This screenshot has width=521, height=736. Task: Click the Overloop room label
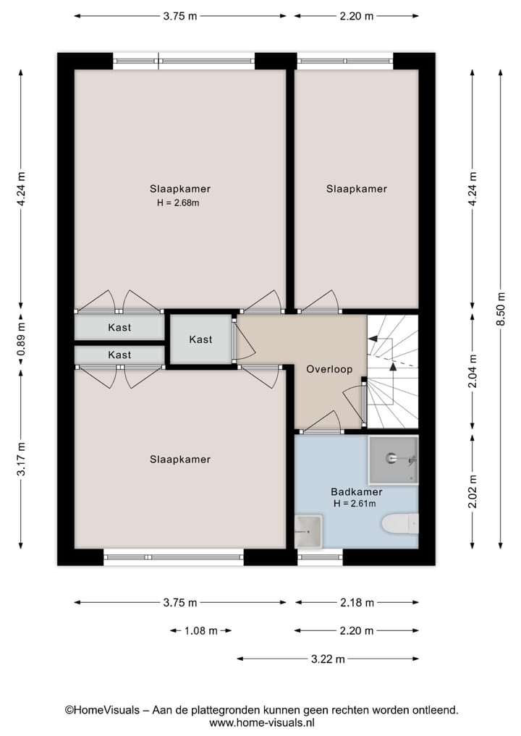[x=329, y=369]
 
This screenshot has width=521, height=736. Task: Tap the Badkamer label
[x=356, y=492]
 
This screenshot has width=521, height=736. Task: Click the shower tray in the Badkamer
[x=393, y=460]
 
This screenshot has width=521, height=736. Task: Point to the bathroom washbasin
[x=308, y=531]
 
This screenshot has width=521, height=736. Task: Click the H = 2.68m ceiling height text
[x=178, y=203]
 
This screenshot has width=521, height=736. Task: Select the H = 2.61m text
[x=355, y=504]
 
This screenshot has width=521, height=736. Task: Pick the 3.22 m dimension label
[x=328, y=659]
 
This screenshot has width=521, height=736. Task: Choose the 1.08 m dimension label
[x=200, y=631]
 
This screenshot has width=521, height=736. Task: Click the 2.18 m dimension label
[x=357, y=603]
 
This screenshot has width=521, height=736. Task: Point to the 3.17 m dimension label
[x=21, y=459]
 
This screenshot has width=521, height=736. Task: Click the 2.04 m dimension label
[x=473, y=371]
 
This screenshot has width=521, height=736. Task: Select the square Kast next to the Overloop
[x=201, y=339]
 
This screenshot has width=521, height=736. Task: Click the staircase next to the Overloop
[x=392, y=371]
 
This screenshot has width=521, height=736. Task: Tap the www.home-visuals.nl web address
[x=262, y=723]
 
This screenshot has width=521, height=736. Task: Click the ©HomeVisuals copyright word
[x=102, y=710]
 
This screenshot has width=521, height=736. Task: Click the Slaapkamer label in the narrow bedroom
[x=356, y=189]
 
